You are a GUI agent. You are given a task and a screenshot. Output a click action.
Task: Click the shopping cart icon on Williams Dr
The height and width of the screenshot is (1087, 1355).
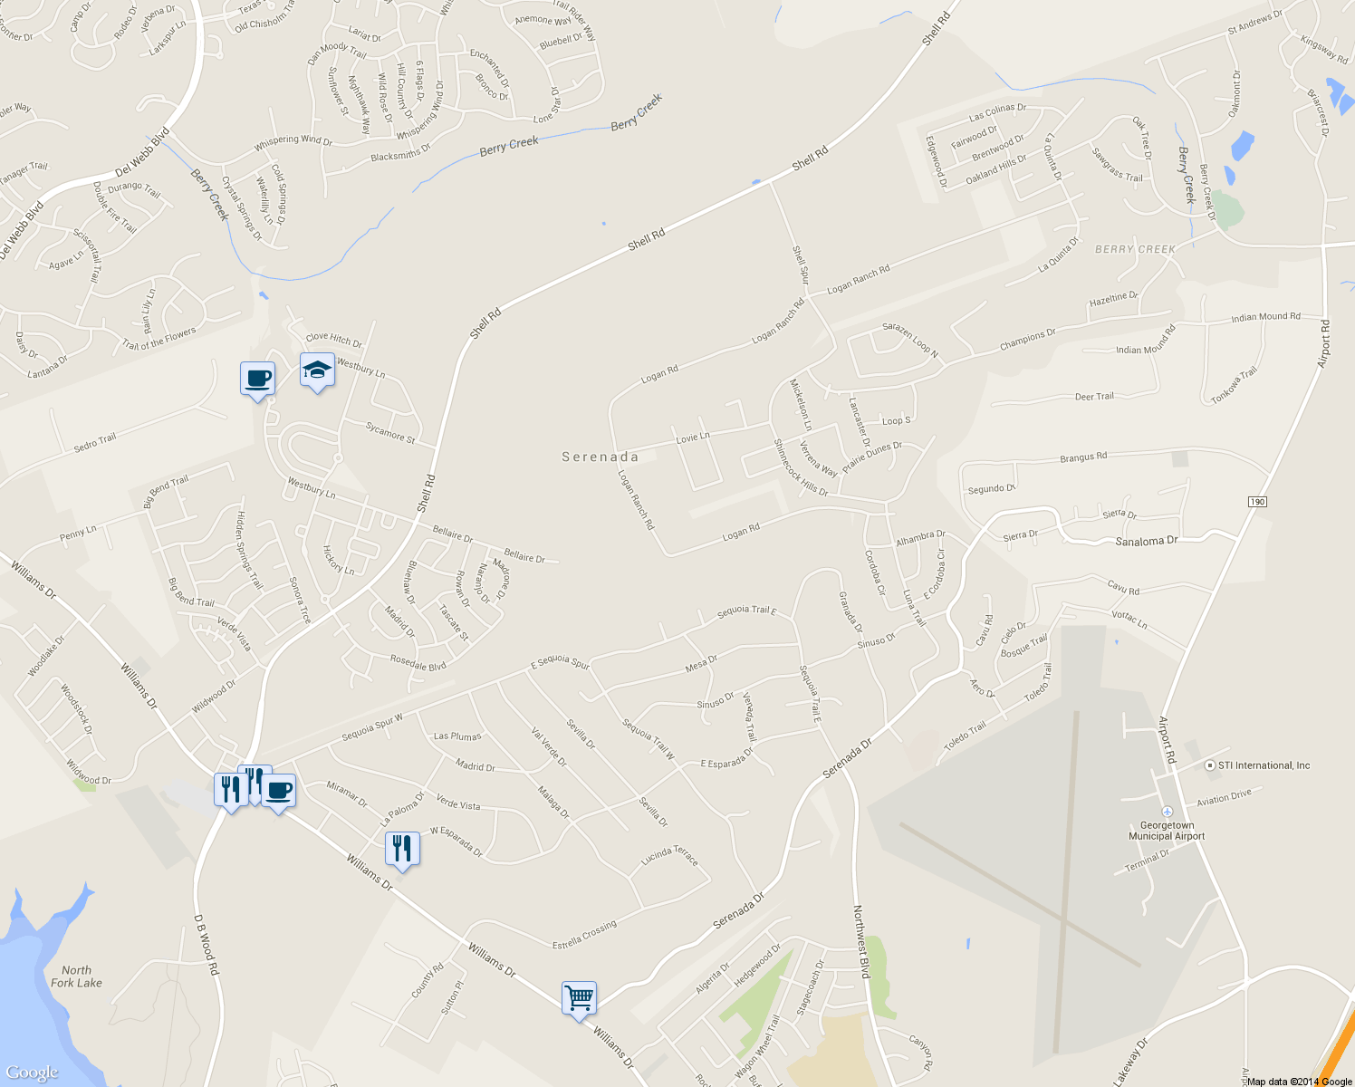tap(579, 999)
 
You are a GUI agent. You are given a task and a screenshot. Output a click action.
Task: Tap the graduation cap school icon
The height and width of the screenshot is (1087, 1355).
tap(317, 370)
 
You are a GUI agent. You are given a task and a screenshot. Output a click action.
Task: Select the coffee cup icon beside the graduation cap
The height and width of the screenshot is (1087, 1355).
tap(257, 378)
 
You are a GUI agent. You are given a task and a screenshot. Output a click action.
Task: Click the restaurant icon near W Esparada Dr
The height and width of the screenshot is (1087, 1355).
tap(402, 849)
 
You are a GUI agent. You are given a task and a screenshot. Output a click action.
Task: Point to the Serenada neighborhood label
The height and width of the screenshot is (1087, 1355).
tap(600, 457)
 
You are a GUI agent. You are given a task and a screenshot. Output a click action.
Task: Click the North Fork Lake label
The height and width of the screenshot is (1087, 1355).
tap(76, 976)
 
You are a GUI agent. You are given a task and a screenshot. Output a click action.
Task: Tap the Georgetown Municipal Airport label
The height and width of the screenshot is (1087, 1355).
tap(1167, 831)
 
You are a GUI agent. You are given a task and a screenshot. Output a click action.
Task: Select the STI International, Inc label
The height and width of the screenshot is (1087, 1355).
tap(1264, 765)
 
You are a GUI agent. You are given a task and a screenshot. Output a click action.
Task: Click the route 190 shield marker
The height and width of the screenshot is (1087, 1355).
tap(1256, 502)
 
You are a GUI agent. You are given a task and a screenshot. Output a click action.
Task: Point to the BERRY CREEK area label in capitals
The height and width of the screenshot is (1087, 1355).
tap(1135, 249)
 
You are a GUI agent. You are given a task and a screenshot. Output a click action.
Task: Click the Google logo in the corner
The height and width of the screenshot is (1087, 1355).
tap(33, 1073)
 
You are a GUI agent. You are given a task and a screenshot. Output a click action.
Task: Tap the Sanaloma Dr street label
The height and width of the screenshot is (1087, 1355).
tap(1146, 541)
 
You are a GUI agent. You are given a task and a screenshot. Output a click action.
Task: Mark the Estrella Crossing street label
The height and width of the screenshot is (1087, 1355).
tap(584, 935)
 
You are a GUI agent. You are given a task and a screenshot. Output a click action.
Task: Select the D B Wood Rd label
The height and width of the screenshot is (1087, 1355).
tap(207, 944)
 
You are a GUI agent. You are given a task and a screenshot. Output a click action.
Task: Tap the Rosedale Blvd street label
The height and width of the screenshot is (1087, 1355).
tap(418, 663)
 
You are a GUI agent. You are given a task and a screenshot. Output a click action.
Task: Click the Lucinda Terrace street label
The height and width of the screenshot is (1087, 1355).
tap(669, 856)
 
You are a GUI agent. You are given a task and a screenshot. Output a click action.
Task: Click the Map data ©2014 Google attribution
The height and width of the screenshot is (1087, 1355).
tap(1299, 1082)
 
